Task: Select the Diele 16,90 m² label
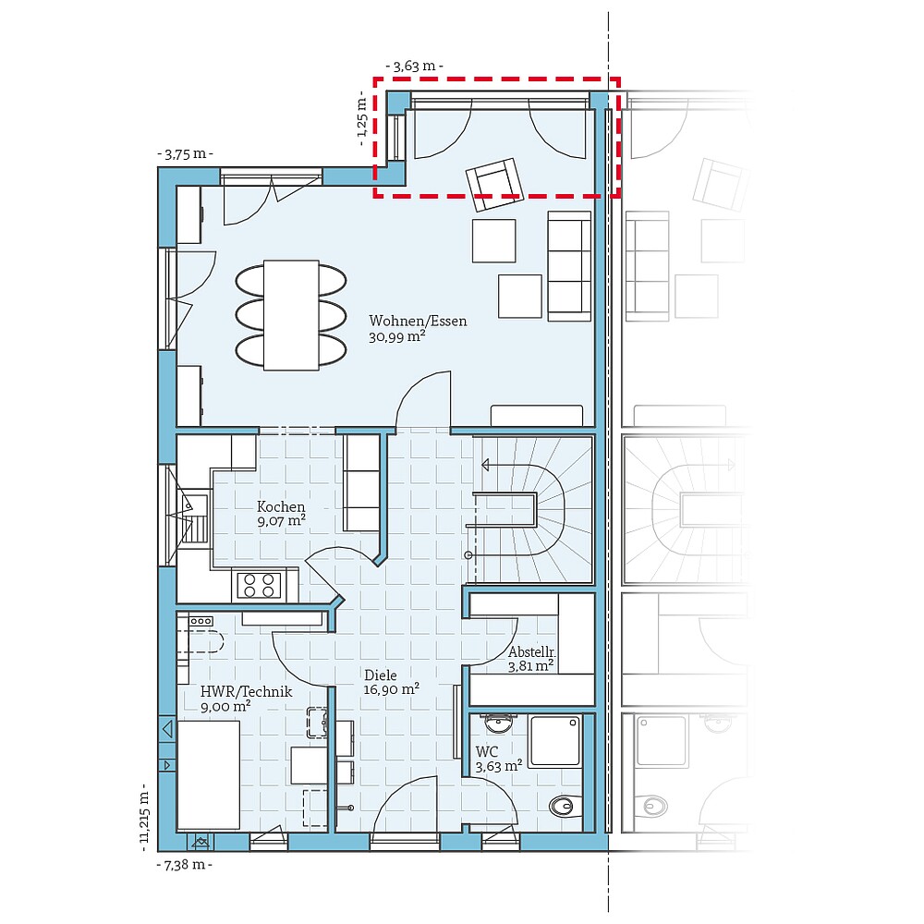pyautogui.click(x=391, y=681)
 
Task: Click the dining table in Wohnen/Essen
pyautogui.click(x=291, y=315)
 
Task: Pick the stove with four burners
pyautogui.click(x=259, y=584)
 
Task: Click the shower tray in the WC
pyautogui.click(x=554, y=740)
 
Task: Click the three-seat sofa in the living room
pyautogui.click(x=569, y=266)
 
